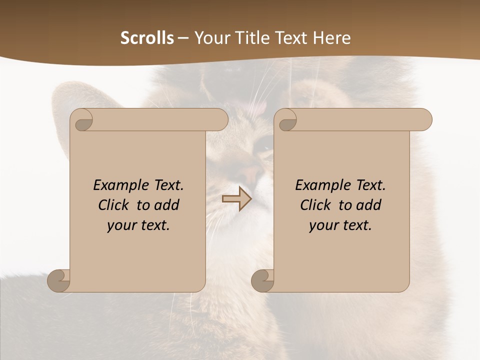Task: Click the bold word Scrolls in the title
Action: (x=147, y=38)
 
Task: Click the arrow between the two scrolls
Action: (x=236, y=199)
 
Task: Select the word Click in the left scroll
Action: (x=113, y=205)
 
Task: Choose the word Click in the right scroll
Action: (x=315, y=205)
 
